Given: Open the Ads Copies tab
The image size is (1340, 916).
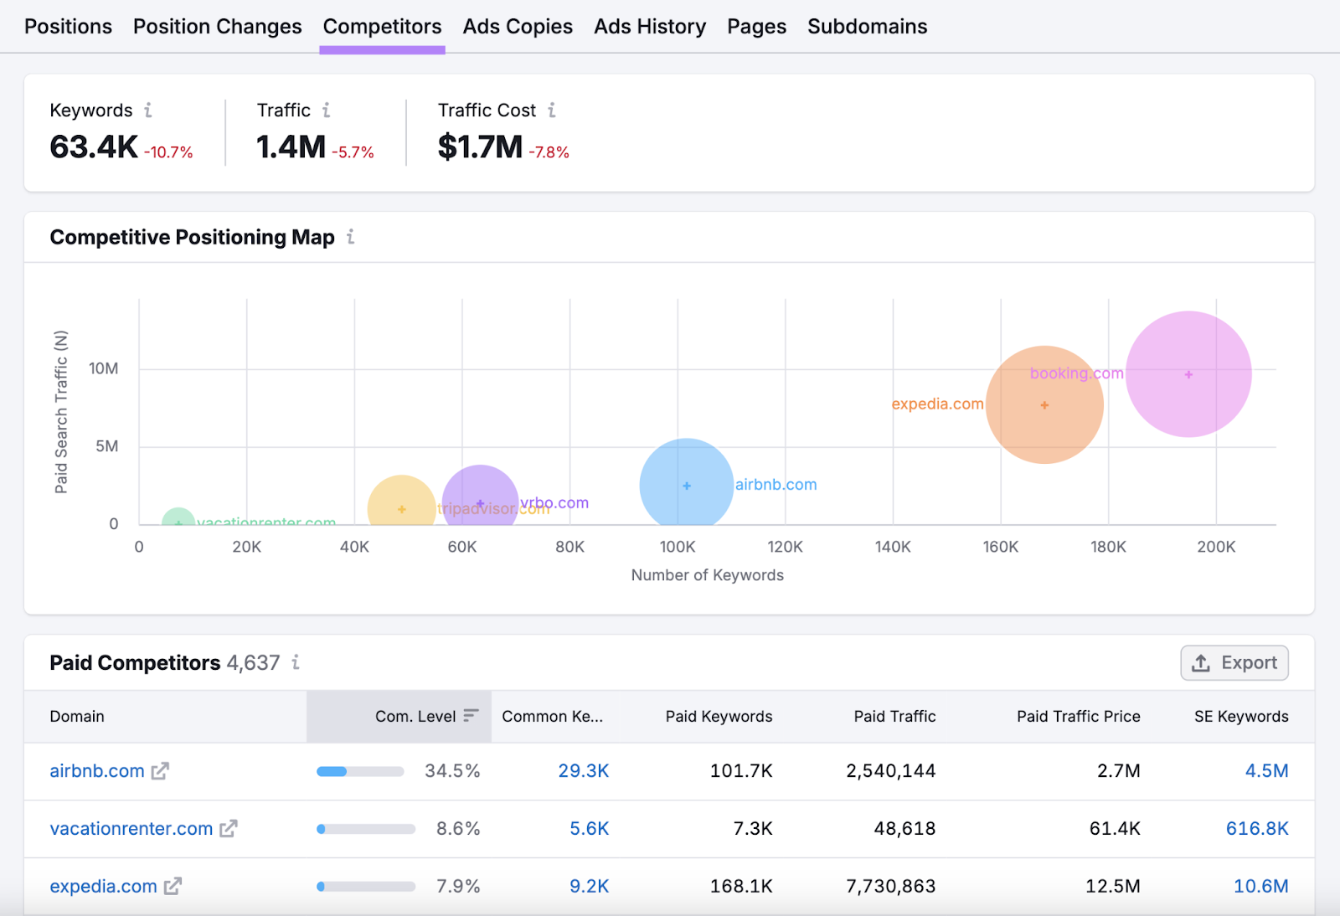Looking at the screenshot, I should click(x=518, y=27).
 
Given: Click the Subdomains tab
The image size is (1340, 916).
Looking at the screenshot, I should click(x=867, y=27).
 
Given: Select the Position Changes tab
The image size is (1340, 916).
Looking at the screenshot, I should click(x=217, y=27).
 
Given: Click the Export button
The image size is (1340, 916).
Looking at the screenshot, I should click(x=1234, y=663).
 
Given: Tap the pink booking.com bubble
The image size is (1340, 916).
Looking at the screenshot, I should click(x=1188, y=374).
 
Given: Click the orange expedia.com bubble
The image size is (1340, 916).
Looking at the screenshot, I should click(x=1044, y=405).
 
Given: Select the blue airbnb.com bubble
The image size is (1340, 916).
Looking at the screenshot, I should click(x=686, y=485).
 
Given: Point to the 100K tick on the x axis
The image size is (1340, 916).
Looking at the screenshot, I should click(x=677, y=547).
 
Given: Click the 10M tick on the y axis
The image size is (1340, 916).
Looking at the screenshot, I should click(x=104, y=368).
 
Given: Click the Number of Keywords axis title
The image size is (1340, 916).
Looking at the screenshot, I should click(x=707, y=575).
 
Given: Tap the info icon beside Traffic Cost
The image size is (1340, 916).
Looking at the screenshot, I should click(x=552, y=111).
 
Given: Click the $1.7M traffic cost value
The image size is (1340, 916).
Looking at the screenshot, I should click(x=480, y=147).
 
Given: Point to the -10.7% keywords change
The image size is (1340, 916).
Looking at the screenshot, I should click(x=168, y=152).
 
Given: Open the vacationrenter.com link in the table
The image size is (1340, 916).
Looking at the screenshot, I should click(x=131, y=829).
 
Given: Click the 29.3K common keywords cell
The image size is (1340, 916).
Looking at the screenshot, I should click(x=583, y=771).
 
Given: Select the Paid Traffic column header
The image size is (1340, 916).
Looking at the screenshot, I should click(x=894, y=717).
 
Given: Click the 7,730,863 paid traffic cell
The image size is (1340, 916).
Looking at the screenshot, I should click(x=890, y=886).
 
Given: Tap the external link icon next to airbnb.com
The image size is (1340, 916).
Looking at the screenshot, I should click(x=160, y=771).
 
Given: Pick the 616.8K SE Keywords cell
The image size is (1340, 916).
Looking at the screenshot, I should click(x=1256, y=829).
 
